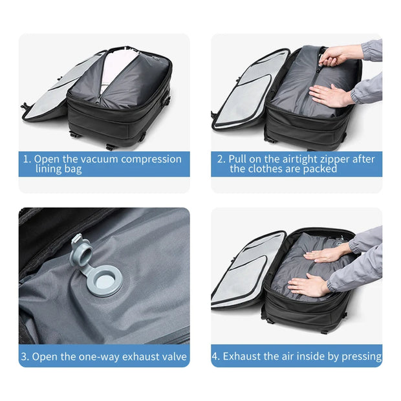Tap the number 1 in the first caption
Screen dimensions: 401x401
[26, 159]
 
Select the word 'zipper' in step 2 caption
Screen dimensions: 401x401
[327, 159]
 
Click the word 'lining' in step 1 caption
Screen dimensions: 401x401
[50, 169]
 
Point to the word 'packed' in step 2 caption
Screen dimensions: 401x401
[320, 169]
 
